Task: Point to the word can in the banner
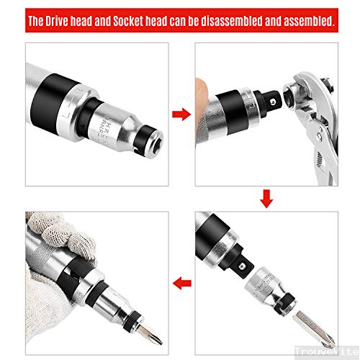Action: point(180,22)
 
